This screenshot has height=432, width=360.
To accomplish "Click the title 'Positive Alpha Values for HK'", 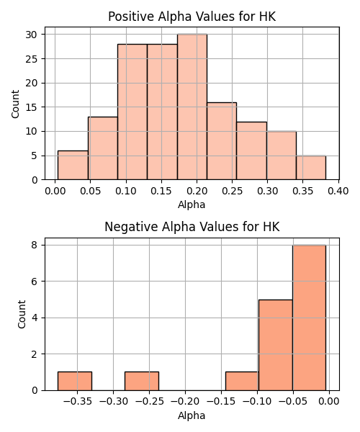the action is (x=192, y=17).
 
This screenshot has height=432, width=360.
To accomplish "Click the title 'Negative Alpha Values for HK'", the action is (x=192, y=227).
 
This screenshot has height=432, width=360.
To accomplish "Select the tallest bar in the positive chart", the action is (x=192, y=107).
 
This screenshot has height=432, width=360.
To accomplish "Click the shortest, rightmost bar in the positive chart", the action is (x=311, y=168).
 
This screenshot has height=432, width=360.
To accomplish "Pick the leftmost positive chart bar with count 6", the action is (x=73, y=166).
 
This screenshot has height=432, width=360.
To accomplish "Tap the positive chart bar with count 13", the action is (x=103, y=148).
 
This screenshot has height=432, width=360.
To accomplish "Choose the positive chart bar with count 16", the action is (x=222, y=141).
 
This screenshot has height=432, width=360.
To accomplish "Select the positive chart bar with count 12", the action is (x=251, y=150).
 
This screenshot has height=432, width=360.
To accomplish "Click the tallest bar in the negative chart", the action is (x=309, y=318).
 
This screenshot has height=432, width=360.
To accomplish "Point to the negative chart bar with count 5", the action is (x=276, y=345).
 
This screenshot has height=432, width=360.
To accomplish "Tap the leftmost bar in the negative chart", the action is (x=75, y=381).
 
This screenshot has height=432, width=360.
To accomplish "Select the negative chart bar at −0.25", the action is (x=142, y=381).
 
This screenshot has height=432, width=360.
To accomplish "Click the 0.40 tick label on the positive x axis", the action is (x=338, y=191).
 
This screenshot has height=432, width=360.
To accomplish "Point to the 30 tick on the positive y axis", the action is (x=31, y=35).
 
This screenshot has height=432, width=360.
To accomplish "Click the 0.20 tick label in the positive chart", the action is (x=197, y=191).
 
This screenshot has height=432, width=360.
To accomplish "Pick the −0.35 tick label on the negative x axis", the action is (x=77, y=402).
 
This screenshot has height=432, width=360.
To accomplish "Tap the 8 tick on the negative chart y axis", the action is (x=34, y=245).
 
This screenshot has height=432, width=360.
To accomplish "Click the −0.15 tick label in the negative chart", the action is (x=221, y=402).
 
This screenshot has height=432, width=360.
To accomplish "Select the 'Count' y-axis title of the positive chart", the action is (x=15, y=104).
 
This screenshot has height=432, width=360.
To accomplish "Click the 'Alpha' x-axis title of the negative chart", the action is (x=192, y=415).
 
